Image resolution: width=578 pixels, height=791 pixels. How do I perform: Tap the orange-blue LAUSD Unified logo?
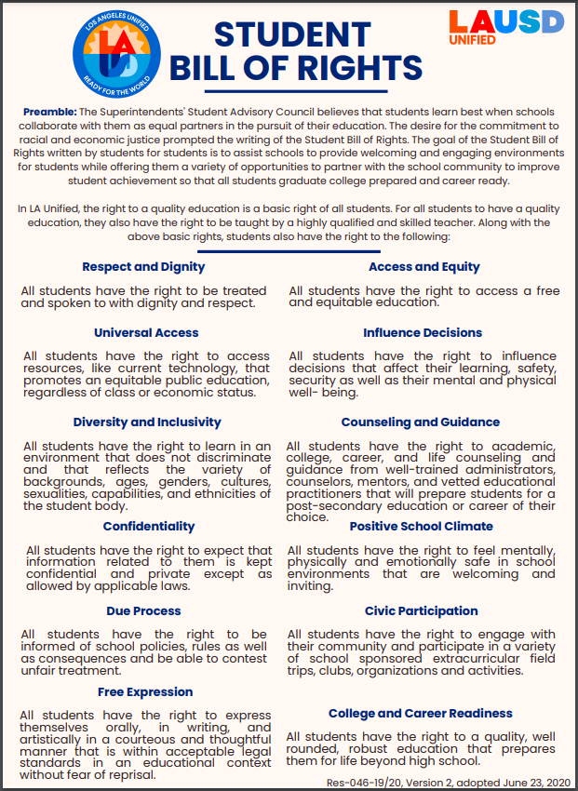point(506,27)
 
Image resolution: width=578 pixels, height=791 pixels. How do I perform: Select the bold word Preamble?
point(49,112)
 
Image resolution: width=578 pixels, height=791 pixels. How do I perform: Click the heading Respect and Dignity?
point(143,267)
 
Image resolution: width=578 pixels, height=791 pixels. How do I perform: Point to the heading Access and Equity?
point(424,267)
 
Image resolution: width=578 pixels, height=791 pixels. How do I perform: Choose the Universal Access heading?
point(146,332)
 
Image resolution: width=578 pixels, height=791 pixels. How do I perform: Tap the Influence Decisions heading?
point(423,332)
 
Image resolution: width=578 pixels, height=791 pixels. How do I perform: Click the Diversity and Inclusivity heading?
point(147,422)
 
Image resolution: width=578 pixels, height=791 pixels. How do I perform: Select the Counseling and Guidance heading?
point(421,422)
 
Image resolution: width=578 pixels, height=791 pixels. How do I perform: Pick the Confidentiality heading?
point(149,527)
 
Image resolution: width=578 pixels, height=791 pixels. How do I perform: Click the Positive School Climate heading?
point(422,527)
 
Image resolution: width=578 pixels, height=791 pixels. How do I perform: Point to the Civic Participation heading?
point(423,611)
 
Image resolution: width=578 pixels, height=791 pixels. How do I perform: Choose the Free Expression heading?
point(145,691)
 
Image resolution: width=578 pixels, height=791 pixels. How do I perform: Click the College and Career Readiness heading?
point(421,714)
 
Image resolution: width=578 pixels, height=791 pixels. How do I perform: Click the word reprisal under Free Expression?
point(128,774)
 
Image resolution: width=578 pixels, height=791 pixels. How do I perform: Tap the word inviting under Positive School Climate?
point(310,586)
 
